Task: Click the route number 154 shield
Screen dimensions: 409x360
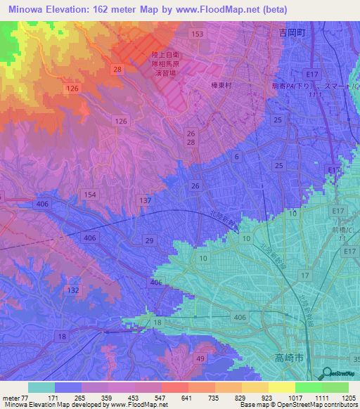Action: (x=89, y=195)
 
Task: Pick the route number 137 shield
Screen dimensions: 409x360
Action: (x=146, y=201)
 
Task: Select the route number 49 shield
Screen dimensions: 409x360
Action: (x=200, y=359)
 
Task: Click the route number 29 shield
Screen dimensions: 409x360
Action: (x=149, y=241)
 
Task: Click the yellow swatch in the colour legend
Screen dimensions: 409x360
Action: (x=281, y=387)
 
